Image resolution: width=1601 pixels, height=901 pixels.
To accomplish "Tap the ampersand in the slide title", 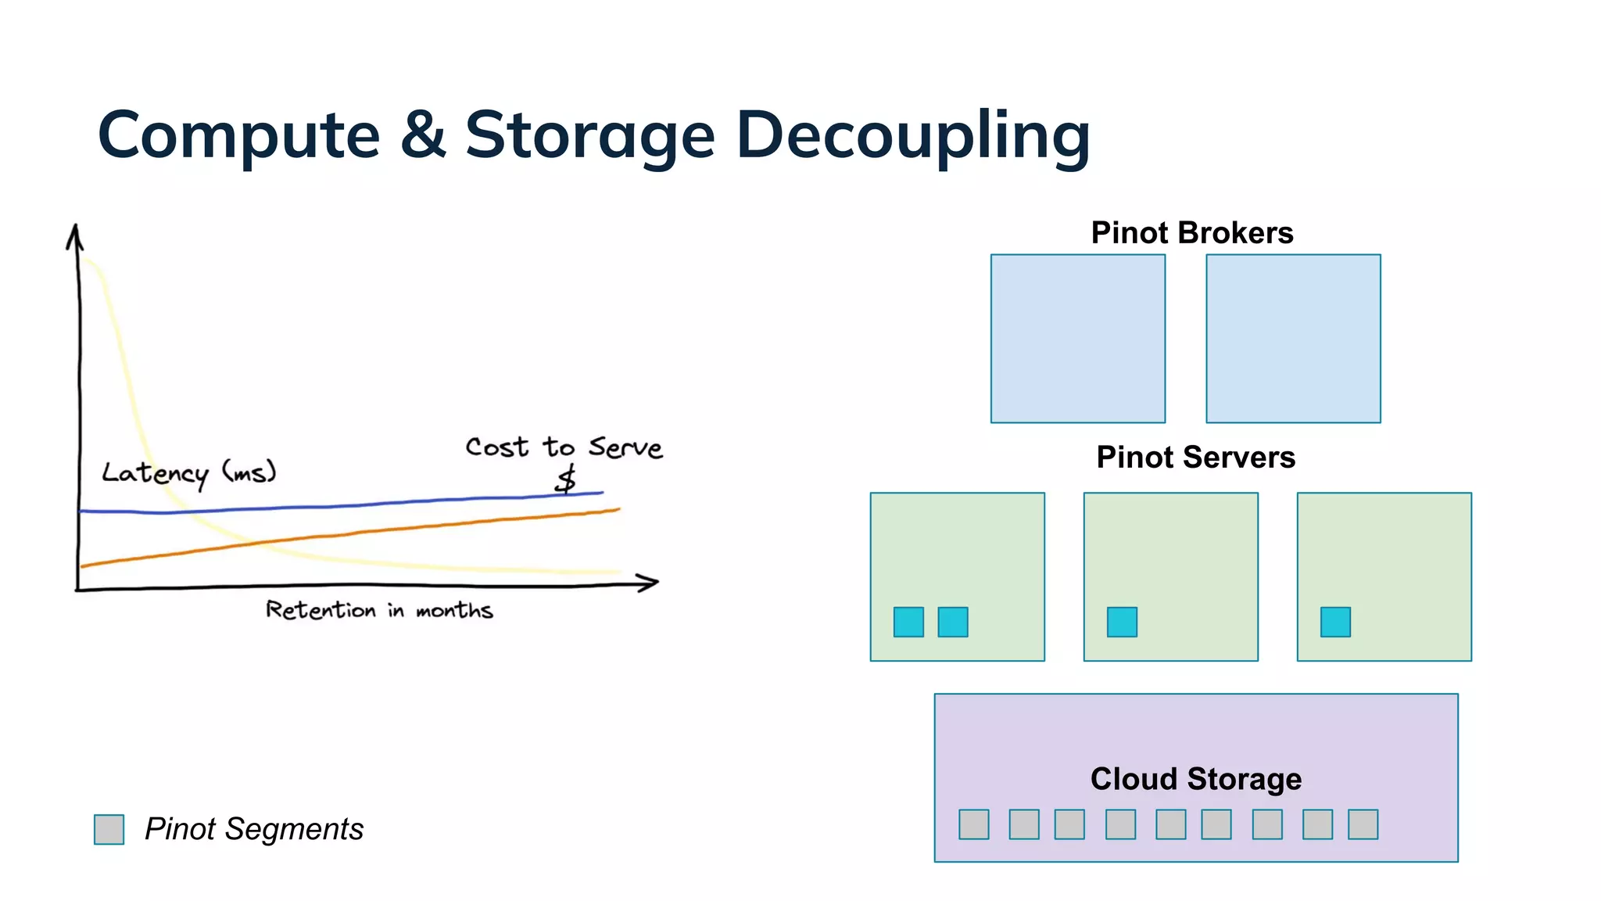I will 422,135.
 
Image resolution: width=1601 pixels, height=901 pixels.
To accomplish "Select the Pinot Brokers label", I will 1191,233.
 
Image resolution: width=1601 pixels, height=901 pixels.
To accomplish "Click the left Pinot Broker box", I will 1077,339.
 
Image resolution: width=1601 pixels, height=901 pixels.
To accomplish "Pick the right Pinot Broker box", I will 1293,339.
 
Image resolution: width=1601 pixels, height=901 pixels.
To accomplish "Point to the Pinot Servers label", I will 1195,458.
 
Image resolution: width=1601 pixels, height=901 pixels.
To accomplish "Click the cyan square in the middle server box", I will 1122,622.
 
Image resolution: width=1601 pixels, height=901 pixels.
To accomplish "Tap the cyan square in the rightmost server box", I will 1335,622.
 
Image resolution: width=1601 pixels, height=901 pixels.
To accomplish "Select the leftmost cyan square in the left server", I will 908,622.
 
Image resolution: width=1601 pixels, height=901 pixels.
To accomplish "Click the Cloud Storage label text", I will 1195,779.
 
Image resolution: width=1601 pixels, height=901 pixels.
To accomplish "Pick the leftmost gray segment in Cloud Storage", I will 973,824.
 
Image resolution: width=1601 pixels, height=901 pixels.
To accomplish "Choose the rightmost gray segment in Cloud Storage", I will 1363,824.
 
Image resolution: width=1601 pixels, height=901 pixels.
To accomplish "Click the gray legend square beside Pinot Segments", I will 109,829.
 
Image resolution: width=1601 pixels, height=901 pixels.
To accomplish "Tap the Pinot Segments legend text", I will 254,829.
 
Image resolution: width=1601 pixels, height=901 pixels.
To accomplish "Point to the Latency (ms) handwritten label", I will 188,472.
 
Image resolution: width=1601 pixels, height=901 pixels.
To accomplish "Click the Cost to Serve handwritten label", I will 564,447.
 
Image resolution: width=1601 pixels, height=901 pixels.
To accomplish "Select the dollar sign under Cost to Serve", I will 565,479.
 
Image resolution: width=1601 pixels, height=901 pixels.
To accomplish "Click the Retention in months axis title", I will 379,610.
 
